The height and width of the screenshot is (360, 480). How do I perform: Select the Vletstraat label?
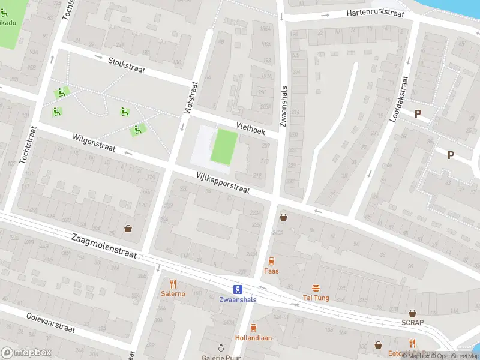(190, 98)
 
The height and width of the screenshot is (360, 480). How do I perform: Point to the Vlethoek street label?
(250, 127)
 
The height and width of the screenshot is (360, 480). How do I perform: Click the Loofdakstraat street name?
(398, 99)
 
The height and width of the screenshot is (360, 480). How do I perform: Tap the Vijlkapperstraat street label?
(223, 182)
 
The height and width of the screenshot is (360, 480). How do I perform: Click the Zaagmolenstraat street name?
(104, 246)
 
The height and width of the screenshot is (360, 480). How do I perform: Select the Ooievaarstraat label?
(50, 322)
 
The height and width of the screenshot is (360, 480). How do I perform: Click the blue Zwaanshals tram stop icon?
(238, 289)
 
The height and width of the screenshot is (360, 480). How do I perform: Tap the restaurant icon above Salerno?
(173, 284)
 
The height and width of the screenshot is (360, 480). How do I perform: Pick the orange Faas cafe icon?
(271, 261)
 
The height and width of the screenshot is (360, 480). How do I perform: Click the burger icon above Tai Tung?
(315, 288)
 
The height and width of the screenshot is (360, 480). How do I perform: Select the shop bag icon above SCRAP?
(412, 313)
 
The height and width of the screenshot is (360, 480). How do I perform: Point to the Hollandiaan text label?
(253, 338)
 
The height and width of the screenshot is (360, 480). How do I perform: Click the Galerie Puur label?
(220, 356)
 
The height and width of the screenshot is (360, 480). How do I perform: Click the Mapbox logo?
(25, 353)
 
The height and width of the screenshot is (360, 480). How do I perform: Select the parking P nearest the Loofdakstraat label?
(418, 113)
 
